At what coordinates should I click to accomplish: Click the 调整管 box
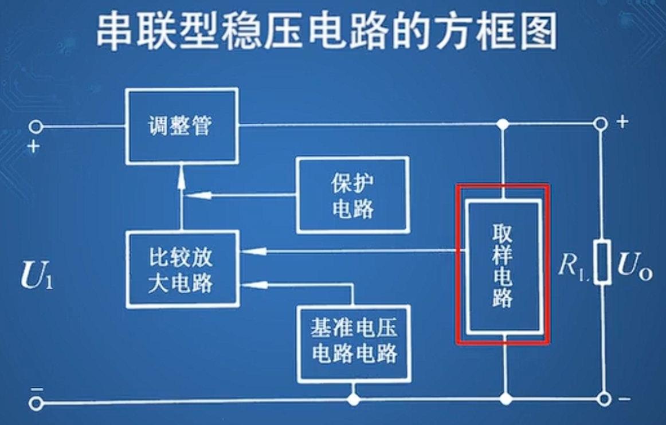[x=181, y=126]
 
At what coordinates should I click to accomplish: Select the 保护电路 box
[x=352, y=194]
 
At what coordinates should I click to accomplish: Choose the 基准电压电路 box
[x=354, y=343]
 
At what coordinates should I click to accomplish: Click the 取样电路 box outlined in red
[x=503, y=266]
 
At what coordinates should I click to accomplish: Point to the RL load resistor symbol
[x=601, y=263]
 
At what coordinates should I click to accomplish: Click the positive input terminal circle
[x=36, y=126]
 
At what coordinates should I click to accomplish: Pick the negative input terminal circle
[x=36, y=403]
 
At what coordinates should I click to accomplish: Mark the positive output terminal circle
[x=601, y=124]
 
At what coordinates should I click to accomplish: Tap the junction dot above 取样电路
[x=503, y=124]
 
